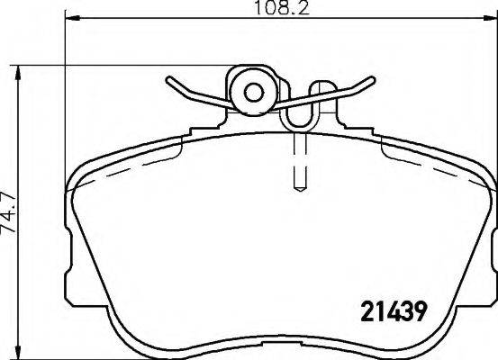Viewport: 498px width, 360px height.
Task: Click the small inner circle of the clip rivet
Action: (253, 90)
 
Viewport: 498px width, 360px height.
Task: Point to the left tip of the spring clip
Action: (168, 80)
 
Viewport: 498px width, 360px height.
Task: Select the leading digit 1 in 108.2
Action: (257, 11)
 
